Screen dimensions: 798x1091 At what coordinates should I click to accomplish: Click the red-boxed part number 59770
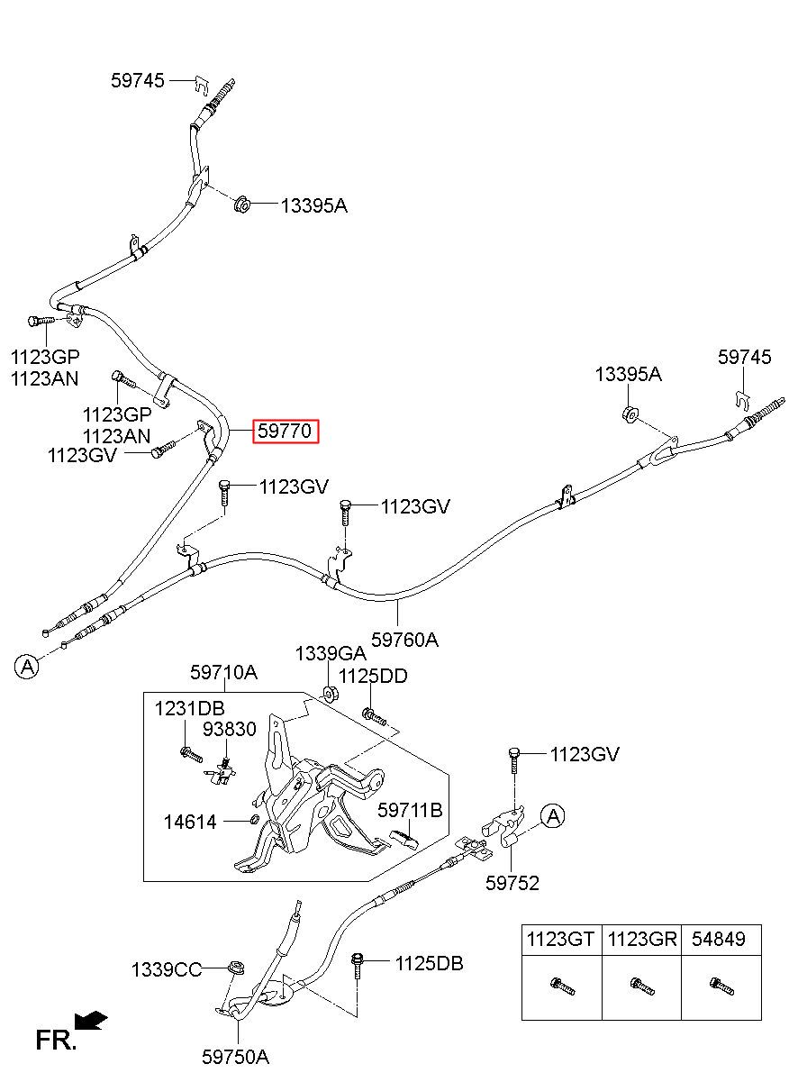coord(285,431)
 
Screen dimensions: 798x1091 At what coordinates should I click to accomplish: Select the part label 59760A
coord(404,640)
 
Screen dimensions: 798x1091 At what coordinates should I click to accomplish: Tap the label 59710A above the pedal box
coord(223,673)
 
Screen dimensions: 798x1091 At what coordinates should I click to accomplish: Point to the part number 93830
coord(230,729)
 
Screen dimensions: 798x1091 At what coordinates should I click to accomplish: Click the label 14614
coord(190,823)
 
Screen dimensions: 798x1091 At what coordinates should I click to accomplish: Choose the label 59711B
coord(410,811)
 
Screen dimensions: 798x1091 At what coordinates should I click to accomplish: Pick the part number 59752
coord(512,883)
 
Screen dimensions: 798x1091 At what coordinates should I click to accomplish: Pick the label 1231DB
coord(189,708)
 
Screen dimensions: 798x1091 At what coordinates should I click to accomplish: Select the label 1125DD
coord(373,676)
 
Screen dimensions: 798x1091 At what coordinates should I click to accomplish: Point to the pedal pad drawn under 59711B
coord(404,839)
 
